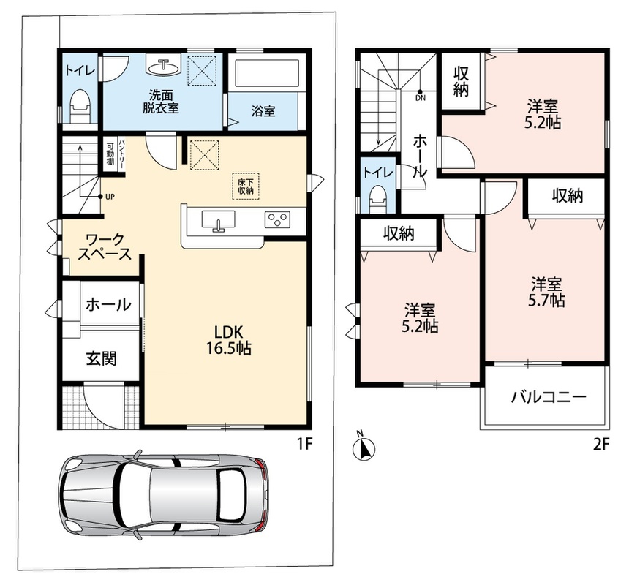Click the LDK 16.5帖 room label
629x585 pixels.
(x=229, y=340)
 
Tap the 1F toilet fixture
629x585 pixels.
(x=80, y=105)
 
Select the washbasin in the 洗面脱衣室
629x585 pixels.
(x=164, y=67)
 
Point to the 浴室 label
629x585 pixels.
(x=263, y=111)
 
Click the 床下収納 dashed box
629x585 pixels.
(x=246, y=186)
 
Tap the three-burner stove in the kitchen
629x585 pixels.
(x=277, y=219)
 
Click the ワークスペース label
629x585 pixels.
(x=105, y=247)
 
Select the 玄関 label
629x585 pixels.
(x=102, y=358)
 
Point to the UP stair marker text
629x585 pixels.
(x=110, y=197)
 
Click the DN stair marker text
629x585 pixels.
(x=421, y=98)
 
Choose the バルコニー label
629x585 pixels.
(x=549, y=397)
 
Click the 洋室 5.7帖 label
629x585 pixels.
(x=546, y=292)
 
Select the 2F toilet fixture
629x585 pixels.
(x=377, y=197)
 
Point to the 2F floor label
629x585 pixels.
(x=601, y=445)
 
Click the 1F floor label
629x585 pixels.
(x=304, y=444)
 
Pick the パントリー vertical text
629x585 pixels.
(x=121, y=153)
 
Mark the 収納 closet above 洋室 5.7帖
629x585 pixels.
(x=566, y=196)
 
